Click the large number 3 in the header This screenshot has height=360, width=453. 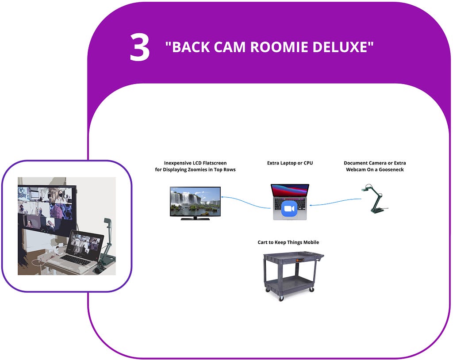(139, 47)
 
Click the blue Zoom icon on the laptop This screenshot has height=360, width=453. (289, 209)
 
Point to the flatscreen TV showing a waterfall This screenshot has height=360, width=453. (195, 203)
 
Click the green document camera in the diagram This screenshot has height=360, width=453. (375, 199)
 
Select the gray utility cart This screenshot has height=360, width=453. (293, 276)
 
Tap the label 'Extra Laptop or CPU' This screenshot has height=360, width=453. (290, 163)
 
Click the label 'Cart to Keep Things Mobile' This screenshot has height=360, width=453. (288, 242)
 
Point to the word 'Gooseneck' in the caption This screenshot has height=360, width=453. (391, 169)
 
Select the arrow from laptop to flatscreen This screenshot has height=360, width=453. (246, 201)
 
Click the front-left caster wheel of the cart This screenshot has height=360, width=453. (281, 299)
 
